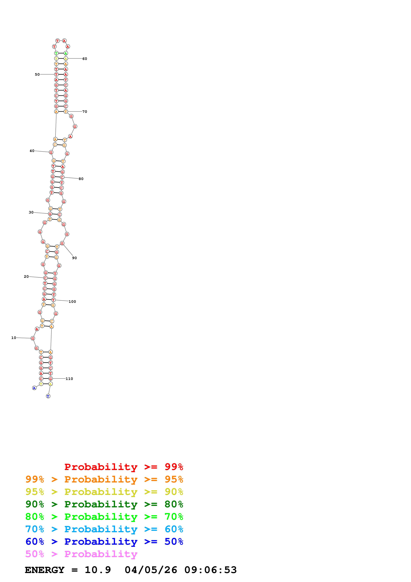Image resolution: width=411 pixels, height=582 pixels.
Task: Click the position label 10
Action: coord(14,338)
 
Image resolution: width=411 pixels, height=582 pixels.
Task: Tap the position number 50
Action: coord(37,74)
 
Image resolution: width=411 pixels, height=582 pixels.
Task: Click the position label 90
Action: coord(74,258)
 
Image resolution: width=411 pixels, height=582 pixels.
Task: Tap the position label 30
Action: coord(31,212)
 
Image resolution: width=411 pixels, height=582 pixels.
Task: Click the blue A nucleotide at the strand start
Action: coord(34,388)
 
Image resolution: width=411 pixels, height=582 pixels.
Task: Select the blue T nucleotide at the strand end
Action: coord(48,396)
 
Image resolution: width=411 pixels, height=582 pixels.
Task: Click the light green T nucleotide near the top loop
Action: coord(56,53)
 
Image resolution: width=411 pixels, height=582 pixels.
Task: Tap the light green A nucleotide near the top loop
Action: coord(66,53)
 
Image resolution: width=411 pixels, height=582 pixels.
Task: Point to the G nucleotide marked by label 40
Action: coord(51,152)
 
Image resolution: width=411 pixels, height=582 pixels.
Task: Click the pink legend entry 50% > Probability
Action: coord(81,554)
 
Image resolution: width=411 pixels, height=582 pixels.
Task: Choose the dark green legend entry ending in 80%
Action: coord(104,504)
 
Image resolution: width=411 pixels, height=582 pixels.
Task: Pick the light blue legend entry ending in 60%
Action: coord(104,529)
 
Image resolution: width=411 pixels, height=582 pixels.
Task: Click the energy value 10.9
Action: coord(98,570)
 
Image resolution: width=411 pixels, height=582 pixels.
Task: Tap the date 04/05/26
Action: coord(151,570)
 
